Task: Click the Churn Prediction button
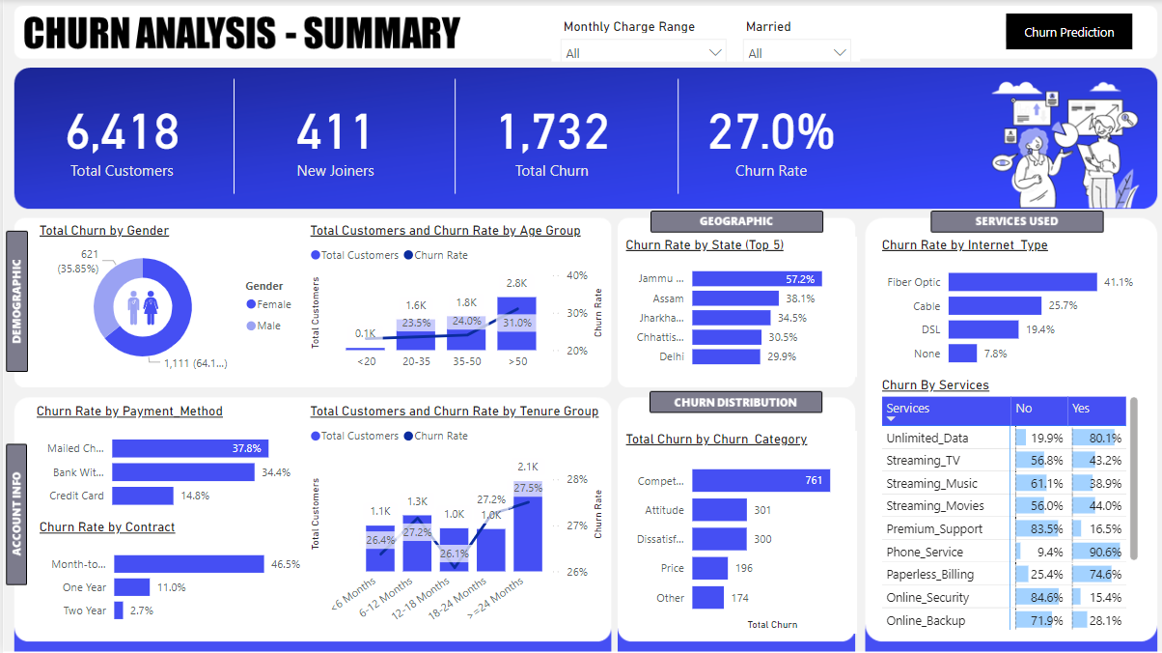click(x=1068, y=32)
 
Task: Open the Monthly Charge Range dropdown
click(x=644, y=52)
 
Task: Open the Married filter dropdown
click(x=797, y=52)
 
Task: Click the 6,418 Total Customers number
click(x=123, y=131)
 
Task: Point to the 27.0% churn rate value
click(x=770, y=131)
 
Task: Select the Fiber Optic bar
click(x=1022, y=282)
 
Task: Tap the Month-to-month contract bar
click(x=188, y=563)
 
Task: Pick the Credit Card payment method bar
click(x=143, y=496)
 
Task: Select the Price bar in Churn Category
click(x=709, y=568)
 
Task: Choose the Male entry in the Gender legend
click(x=269, y=326)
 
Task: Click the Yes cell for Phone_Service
click(x=1097, y=552)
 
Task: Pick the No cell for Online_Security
click(x=1039, y=597)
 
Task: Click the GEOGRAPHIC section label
click(x=736, y=221)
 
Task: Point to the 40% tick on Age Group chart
click(x=577, y=275)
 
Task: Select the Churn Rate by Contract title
click(x=107, y=527)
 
